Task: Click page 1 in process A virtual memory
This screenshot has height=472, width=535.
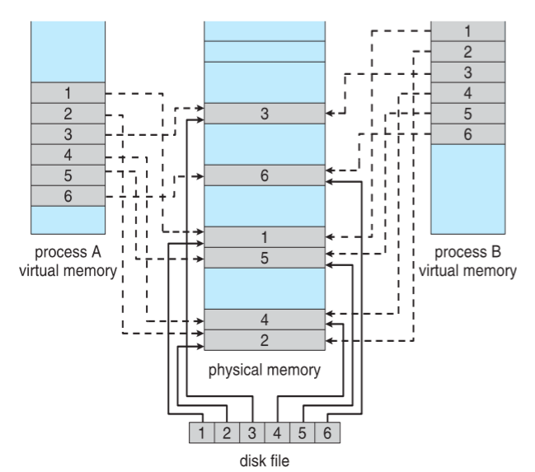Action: coord(69,92)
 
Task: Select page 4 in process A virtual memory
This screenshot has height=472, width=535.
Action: coord(69,154)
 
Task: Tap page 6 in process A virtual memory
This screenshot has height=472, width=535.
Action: coord(69,195)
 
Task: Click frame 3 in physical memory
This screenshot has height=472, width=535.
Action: coord(264,114)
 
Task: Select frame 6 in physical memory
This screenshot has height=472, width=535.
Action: coord(264,175)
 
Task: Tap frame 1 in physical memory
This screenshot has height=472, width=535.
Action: coord(264,236)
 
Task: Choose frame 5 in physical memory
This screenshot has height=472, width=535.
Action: coord(264,257)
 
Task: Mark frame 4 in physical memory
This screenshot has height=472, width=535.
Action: coord(264,319)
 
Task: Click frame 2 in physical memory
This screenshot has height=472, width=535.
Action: coord(264,339)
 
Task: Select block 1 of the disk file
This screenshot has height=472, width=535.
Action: coord(201,430)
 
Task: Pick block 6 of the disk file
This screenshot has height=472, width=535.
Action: coord(326,430)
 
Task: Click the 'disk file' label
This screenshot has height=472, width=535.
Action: coord(264,460)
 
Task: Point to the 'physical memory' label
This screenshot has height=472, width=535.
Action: coord(264,368)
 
